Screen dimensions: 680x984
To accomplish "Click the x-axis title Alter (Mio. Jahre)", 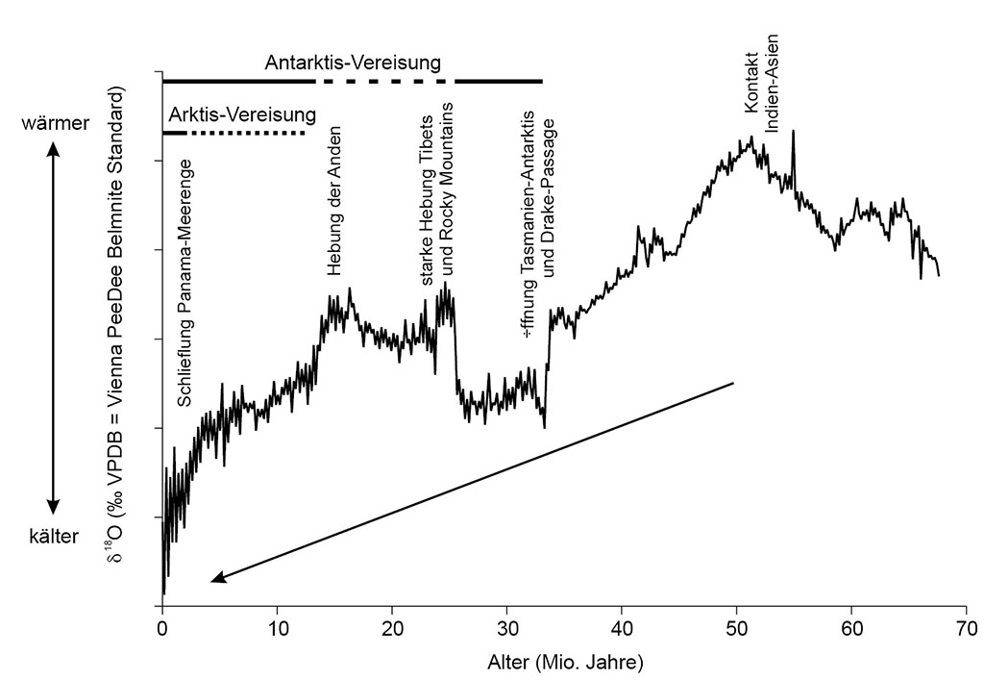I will click(564, 663).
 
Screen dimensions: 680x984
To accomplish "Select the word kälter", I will click(53, 536).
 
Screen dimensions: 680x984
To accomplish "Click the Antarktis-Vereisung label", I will click(353, 63).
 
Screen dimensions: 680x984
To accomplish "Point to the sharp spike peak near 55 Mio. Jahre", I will click(793, 132).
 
